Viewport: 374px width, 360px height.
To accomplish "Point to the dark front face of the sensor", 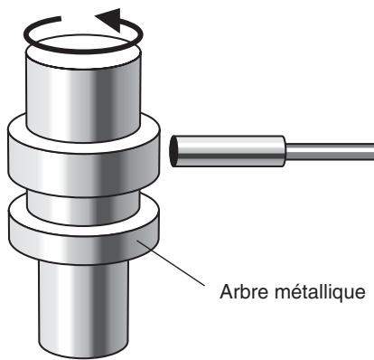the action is coord(173,150).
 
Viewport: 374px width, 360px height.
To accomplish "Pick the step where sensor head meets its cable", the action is coord(286,150).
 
